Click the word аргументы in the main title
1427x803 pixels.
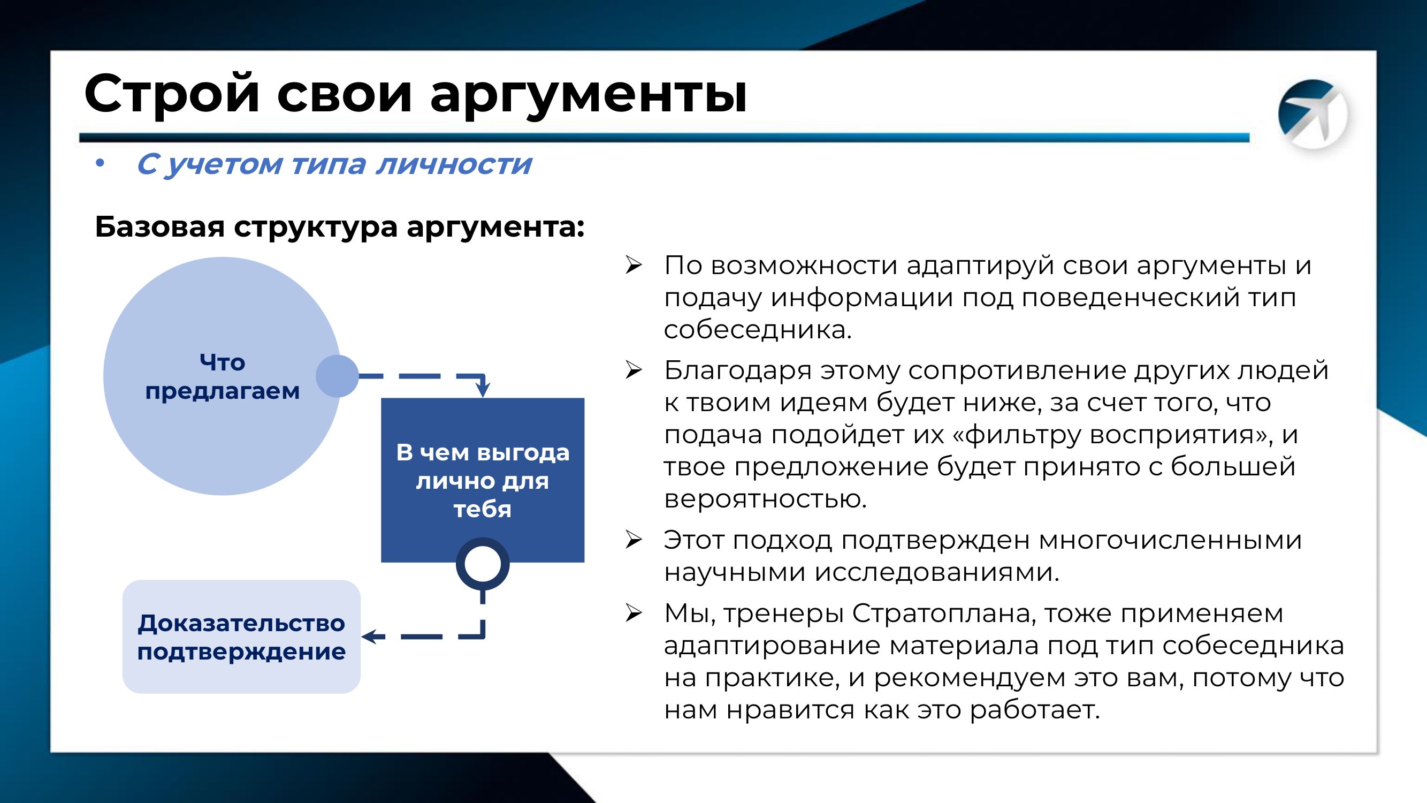point(589,94)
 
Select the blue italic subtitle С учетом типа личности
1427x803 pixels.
point(334,164)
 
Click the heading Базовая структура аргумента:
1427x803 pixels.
point(340,226)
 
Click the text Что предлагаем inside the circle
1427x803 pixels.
point(222,377)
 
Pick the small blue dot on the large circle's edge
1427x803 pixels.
point(337,376)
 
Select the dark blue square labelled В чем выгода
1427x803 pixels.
point(483,480)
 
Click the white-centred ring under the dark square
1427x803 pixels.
point(483,564)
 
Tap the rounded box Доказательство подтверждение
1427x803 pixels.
point(241,637)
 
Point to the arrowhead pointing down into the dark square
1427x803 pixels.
point(483,390)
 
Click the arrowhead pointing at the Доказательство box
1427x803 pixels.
point(371,636)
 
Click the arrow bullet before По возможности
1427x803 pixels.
point(633,266)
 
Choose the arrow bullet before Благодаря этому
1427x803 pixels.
point(633,370)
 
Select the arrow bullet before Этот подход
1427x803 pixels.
point(633,540)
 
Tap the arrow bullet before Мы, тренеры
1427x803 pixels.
point(633,613)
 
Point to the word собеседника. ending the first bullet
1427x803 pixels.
point(757,330)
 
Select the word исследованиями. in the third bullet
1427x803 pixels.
point(937,572)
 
